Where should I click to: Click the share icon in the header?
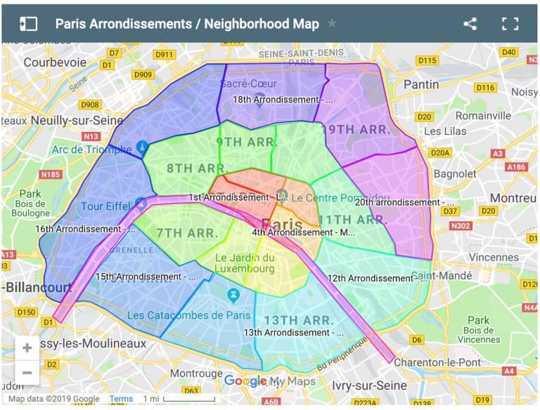tap(470, 23)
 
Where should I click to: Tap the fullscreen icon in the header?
tap(510, 23)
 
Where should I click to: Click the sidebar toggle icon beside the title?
tap(28, 23)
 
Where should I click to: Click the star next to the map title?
tap(332, 24)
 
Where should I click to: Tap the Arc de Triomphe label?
tap(91, 149)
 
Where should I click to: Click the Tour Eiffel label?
tap(106, 206)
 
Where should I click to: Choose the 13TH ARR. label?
tap(299, 320)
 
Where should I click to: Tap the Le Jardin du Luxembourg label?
tap(245, 263)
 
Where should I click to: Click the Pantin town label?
tap(421, 84)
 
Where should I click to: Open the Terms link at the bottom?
tap(121, 399)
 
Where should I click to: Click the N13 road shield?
tap(91, 136)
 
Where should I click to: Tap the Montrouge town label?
tap(196, 373)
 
